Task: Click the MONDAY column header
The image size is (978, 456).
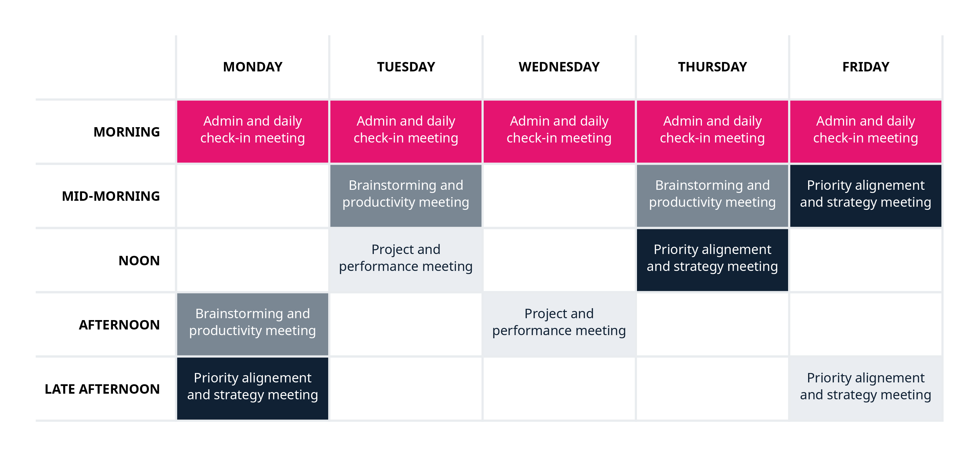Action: (252, 67)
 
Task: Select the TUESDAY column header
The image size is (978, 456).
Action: (406, 67)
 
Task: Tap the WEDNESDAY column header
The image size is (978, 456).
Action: (559, 67)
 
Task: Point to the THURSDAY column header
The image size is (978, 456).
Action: (712, 67)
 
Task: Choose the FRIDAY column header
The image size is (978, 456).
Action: (866, 67)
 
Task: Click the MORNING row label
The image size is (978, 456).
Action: (126, 132)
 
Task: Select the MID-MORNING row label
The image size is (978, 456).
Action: (110, 196)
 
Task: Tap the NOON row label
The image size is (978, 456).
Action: (139, 261)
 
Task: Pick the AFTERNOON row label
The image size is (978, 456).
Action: (119, 325)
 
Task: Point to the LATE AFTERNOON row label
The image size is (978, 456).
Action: (102, 389)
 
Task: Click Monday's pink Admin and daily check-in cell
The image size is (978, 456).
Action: (252, 132)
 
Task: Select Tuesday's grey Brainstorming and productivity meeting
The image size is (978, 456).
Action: (406, 196)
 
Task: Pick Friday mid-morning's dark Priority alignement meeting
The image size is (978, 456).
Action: (866, 196)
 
